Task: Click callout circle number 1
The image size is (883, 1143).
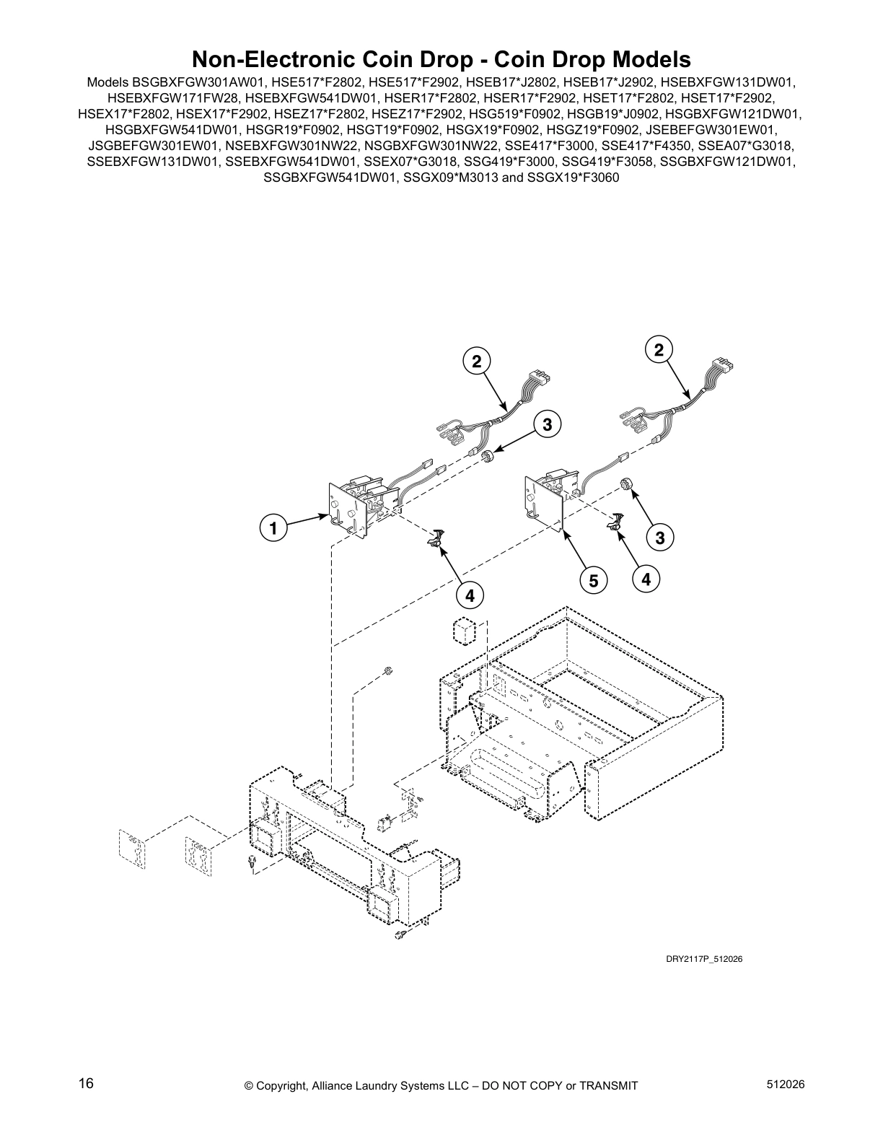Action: (x=273, y=528)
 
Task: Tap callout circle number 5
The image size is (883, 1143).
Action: (x=592, y=579)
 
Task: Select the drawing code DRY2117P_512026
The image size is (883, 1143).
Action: (x=704, y=959)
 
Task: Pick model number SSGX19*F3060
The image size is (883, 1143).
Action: (x=573, y=178)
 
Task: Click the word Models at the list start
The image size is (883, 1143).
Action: (x=107, y=82)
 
